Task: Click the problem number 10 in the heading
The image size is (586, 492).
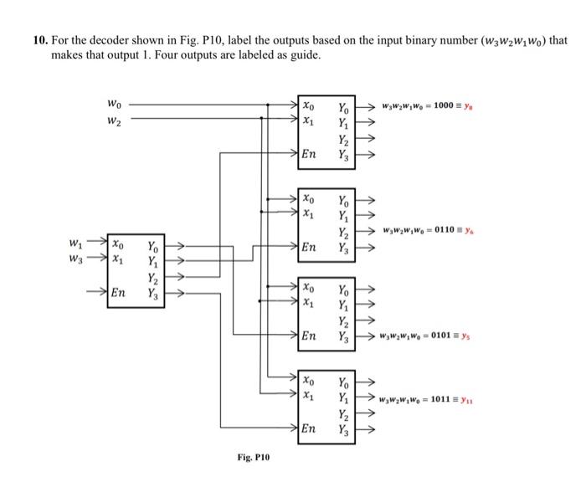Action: [x=39, y=39]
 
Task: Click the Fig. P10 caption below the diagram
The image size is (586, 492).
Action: [x=253, y=458]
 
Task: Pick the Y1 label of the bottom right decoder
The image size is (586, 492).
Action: [x=344, y=397]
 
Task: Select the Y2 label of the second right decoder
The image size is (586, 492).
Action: [x=344, y=232]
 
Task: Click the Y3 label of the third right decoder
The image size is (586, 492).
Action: [x=344, y=336]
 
